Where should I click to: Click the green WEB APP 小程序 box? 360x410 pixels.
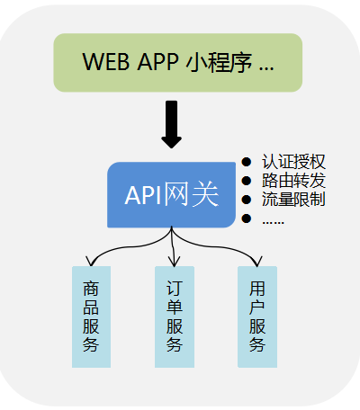[x=178, y=63]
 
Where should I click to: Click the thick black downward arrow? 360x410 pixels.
[x=172, y=124]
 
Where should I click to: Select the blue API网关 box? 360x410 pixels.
[x=172, y=194]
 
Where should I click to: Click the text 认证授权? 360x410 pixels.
[x=293, y=163]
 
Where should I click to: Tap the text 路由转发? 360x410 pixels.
[x=293, y=181]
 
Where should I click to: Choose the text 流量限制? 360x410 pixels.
[x=293, y=199]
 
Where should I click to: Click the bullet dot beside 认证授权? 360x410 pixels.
[x=247, y=163]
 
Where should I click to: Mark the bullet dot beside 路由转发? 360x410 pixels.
[x=247, y=181]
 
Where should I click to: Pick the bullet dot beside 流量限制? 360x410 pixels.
[x=247, y=200]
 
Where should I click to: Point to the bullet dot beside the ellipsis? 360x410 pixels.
[x=247, y=218]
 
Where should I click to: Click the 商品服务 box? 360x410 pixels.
[x=91, y=316]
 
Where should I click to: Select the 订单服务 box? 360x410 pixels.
[x=175, y=316]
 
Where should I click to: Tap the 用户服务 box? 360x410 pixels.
[x=257, y=316]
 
